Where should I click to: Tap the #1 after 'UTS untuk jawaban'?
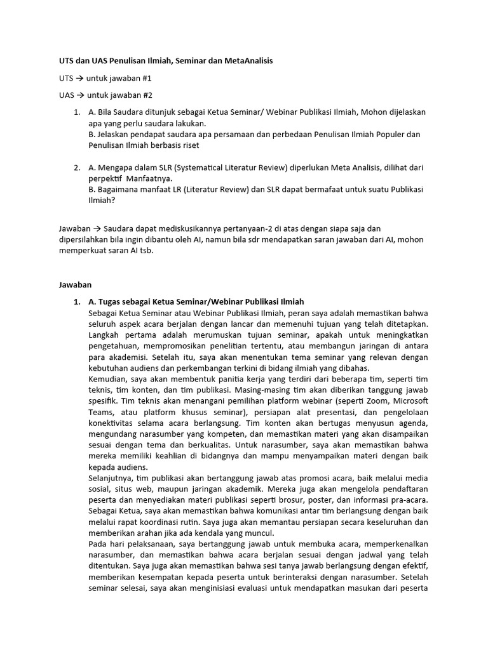[x=144, y=78]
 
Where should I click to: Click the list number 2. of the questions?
[x=76, y=168]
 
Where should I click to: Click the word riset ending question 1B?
[x=189, y=145]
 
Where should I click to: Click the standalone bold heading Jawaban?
[x=76, y=286]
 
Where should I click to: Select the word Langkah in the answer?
[x=106, y=335]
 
